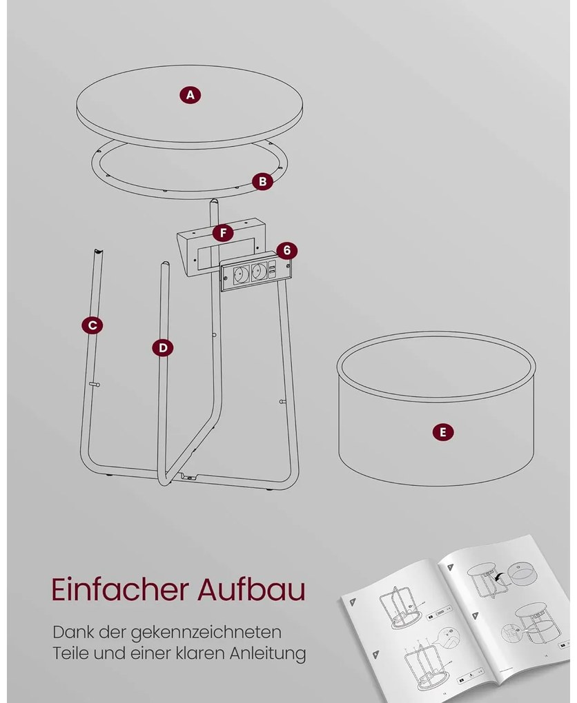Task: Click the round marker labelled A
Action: click(190, 95)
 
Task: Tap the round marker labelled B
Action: click(263, 181)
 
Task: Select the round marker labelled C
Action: click(92, 325)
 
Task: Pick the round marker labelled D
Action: click(163, 348)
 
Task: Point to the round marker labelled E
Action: click(443, 432)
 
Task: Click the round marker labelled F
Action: click(223, 233)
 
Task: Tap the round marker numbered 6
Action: click(287, 250)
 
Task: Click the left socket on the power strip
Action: click(242, 273)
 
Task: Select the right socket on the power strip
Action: click(259, 271)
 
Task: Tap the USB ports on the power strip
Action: click(273, 270)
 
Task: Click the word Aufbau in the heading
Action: click(252, 589)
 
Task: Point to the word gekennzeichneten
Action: click(206, 633)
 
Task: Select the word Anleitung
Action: click(268, 653)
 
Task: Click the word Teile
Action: click(68, 652)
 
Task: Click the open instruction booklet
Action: click(456, 615)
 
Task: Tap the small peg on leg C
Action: click(95, 384)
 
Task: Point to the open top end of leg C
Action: click(98, 251)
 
